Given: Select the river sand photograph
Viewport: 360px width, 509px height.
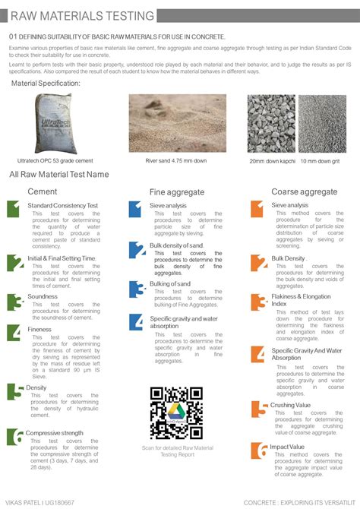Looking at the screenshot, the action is click(x=177, y=123).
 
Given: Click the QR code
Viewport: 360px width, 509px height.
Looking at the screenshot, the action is click(x=176, y=413).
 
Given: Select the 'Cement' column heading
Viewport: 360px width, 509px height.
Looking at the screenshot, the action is click(x=43, y=191).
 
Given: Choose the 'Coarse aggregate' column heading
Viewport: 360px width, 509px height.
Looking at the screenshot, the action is click(x=305, y=192).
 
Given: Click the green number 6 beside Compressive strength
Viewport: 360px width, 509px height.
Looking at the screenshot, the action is click(x=15, y=437).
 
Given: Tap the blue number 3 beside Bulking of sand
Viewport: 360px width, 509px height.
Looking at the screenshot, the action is click(x=136, y=289).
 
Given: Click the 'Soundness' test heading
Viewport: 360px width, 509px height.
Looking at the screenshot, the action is click(x=43, y=297).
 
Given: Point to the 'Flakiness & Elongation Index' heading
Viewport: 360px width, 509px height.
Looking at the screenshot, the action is click(x=302, y=299).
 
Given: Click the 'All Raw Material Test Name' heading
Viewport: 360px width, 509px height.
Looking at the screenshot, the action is click(x=59, y=174).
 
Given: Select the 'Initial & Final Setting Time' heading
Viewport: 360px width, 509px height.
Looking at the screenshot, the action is click(x=62, y=258).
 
